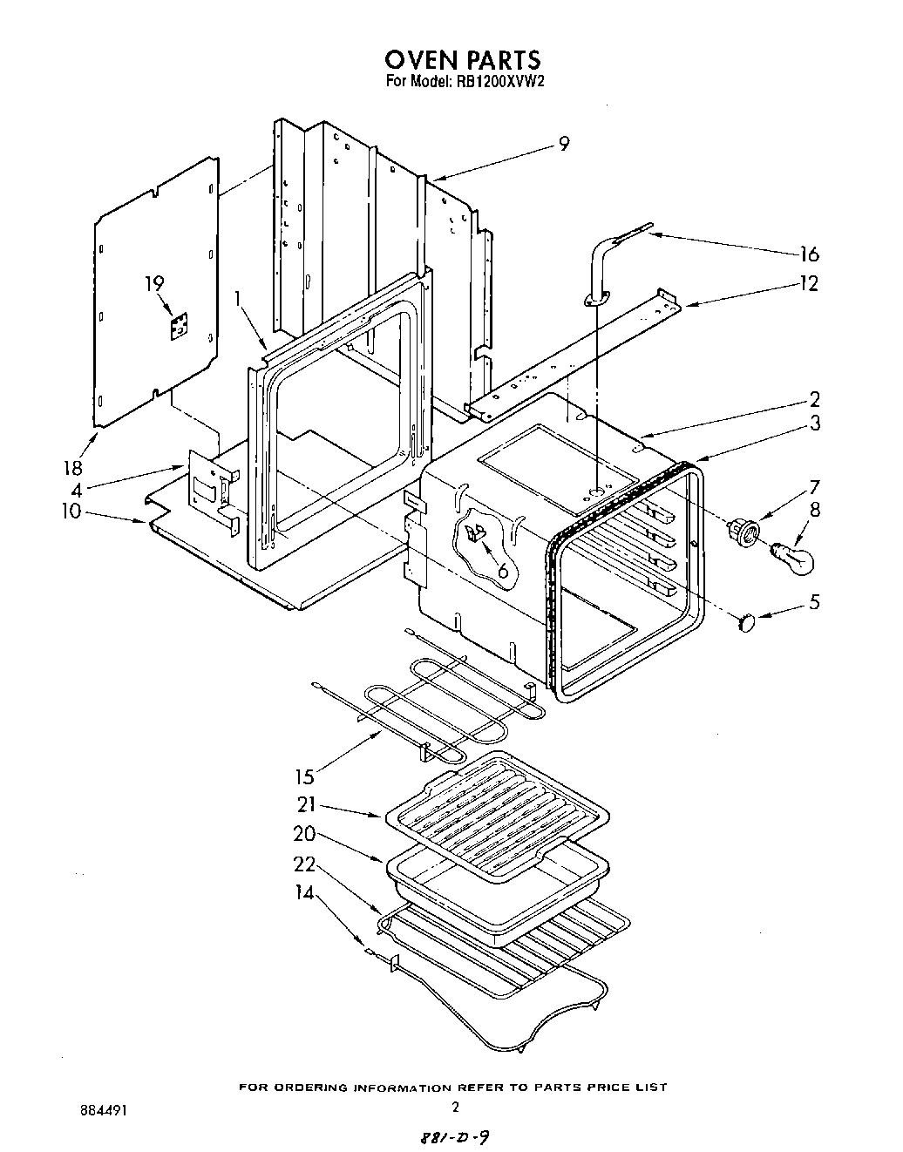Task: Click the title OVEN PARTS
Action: tap(463, 59)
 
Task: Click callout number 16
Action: tap(809, 254)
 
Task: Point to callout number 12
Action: tap(809, 284)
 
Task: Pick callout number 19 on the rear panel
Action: tap(154, 283)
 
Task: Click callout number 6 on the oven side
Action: tap(502, 571)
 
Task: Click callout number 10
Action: tap(71, 511)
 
